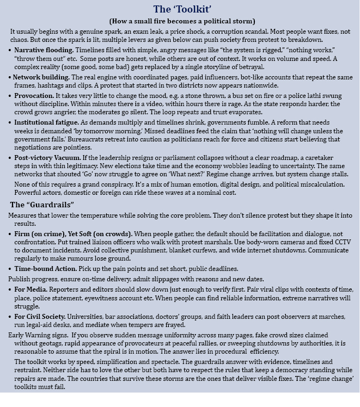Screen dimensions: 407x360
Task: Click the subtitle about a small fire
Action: [182, 21]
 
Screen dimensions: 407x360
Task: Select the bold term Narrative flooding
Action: [44, 50]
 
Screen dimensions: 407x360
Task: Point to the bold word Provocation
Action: [34, 95]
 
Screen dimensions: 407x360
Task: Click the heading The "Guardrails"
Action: [42, 205]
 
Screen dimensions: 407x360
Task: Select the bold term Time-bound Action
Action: [45, 269]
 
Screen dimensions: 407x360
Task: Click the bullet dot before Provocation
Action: [10, 96]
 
